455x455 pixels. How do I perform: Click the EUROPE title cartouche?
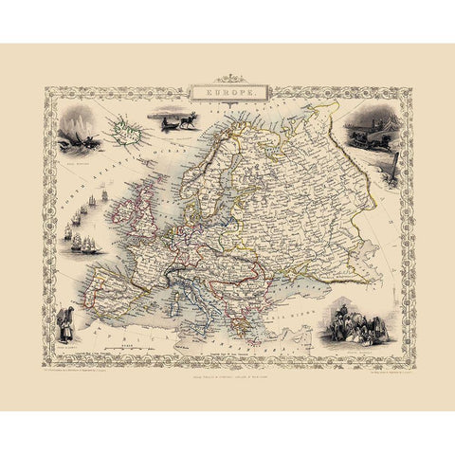[227, 94]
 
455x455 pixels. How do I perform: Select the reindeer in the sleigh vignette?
[177, 123]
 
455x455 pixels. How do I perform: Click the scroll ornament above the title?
[227, 80]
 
